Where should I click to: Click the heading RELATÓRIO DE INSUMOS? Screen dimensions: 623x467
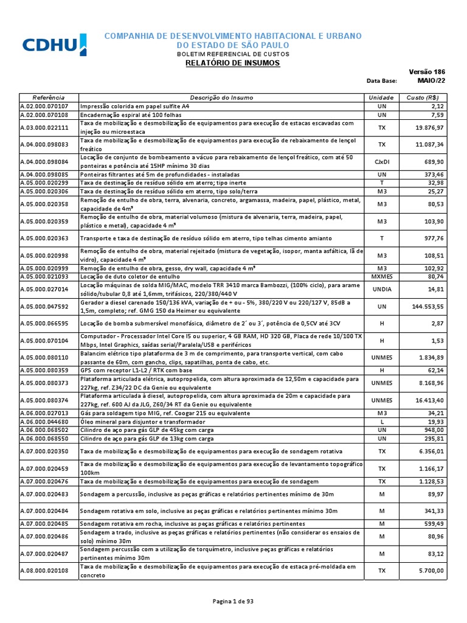(x=233, y=63)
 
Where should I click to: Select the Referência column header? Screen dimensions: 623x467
(x=49, y=97)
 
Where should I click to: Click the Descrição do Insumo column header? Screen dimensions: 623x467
(x=221, y=97)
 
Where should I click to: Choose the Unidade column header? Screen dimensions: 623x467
(x=381, y=97)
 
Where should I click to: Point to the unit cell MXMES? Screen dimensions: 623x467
(x=382, y=276)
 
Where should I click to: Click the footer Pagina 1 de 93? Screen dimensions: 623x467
(x=233, y=601)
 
